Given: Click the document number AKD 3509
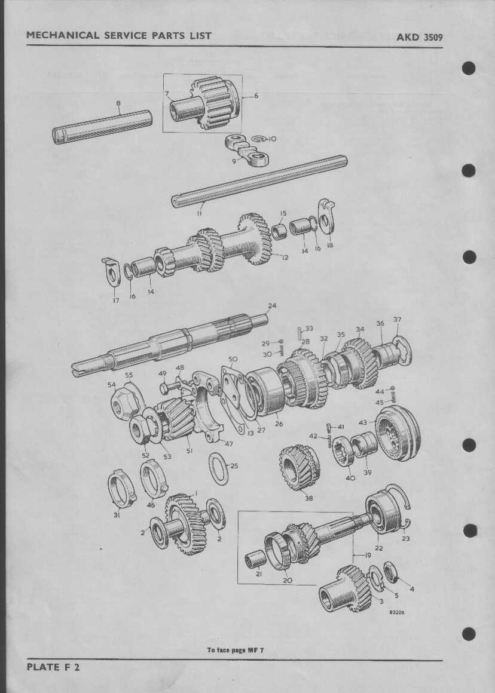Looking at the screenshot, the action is pos(419,37).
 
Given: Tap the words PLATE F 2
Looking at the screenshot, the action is pos(53,667).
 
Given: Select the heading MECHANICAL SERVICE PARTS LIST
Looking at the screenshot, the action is pos(118,35).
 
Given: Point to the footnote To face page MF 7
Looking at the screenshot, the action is pos(236,650).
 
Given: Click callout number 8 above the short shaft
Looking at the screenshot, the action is pos(118,103).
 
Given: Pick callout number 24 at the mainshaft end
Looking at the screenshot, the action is pos(272,305).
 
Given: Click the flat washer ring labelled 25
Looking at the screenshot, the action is pos(219,468).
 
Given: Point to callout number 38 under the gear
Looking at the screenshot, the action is pos(308,498).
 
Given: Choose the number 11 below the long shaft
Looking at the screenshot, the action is pos(200,213).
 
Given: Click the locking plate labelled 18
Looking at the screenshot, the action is pos(326,216).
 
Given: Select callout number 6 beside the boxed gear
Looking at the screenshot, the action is pos(256,96).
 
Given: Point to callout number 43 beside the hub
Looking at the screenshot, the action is pos(363,422).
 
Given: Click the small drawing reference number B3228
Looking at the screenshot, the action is pos(397,612).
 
